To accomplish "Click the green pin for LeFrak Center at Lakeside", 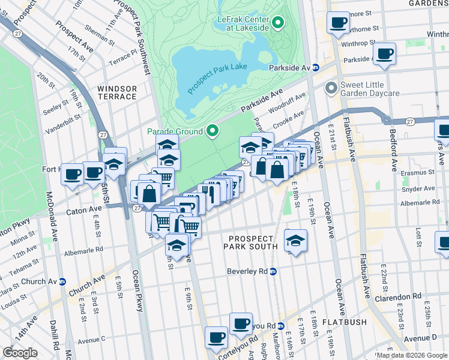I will (x=278, y=23).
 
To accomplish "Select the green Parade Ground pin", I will (x=212, y=130).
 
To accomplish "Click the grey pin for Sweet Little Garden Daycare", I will (x=331, y=89).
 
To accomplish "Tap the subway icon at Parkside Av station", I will (x=315, y=68).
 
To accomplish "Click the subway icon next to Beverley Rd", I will (x=273, y=271).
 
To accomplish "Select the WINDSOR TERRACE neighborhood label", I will (x=117, y=92).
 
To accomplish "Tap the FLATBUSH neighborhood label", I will (x=344, y=322).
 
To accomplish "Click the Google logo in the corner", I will (x=20, y=353).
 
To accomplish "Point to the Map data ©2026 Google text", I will (x=412, y=355).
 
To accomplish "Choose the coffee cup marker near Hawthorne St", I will (x=338, y=23).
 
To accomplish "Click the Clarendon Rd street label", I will (x=400, y=296).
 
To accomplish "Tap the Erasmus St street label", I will (x=419, y=172).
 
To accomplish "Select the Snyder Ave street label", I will (x=419, y=188).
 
